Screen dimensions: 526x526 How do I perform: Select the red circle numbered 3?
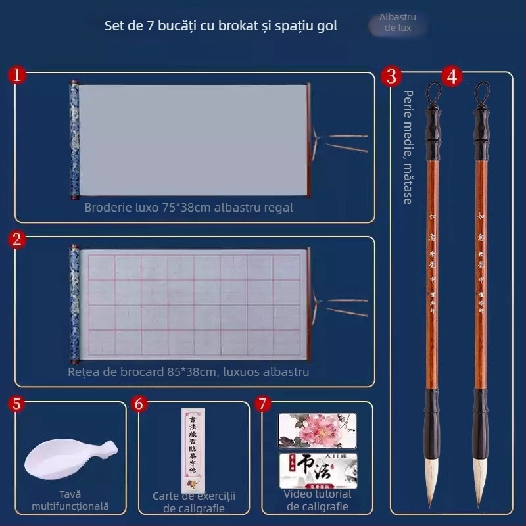click(392, 76)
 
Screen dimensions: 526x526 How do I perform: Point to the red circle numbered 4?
click(451, 76)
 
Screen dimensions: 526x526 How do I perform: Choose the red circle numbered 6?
click(139, 404)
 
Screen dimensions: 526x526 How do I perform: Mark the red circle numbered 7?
click(262, 404)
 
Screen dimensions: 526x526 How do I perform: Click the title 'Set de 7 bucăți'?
click(221, 26)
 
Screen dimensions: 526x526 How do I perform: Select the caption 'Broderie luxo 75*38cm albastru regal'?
click(189, 208)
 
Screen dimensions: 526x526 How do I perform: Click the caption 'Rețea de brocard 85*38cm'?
click(189, 372)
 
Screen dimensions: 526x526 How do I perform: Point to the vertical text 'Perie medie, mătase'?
click(408, 147)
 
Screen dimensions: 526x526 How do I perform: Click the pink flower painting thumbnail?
click(317, 430)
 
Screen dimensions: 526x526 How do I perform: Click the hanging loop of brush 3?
click(433, 93)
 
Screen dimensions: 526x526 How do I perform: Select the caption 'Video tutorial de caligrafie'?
click(318, 500)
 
